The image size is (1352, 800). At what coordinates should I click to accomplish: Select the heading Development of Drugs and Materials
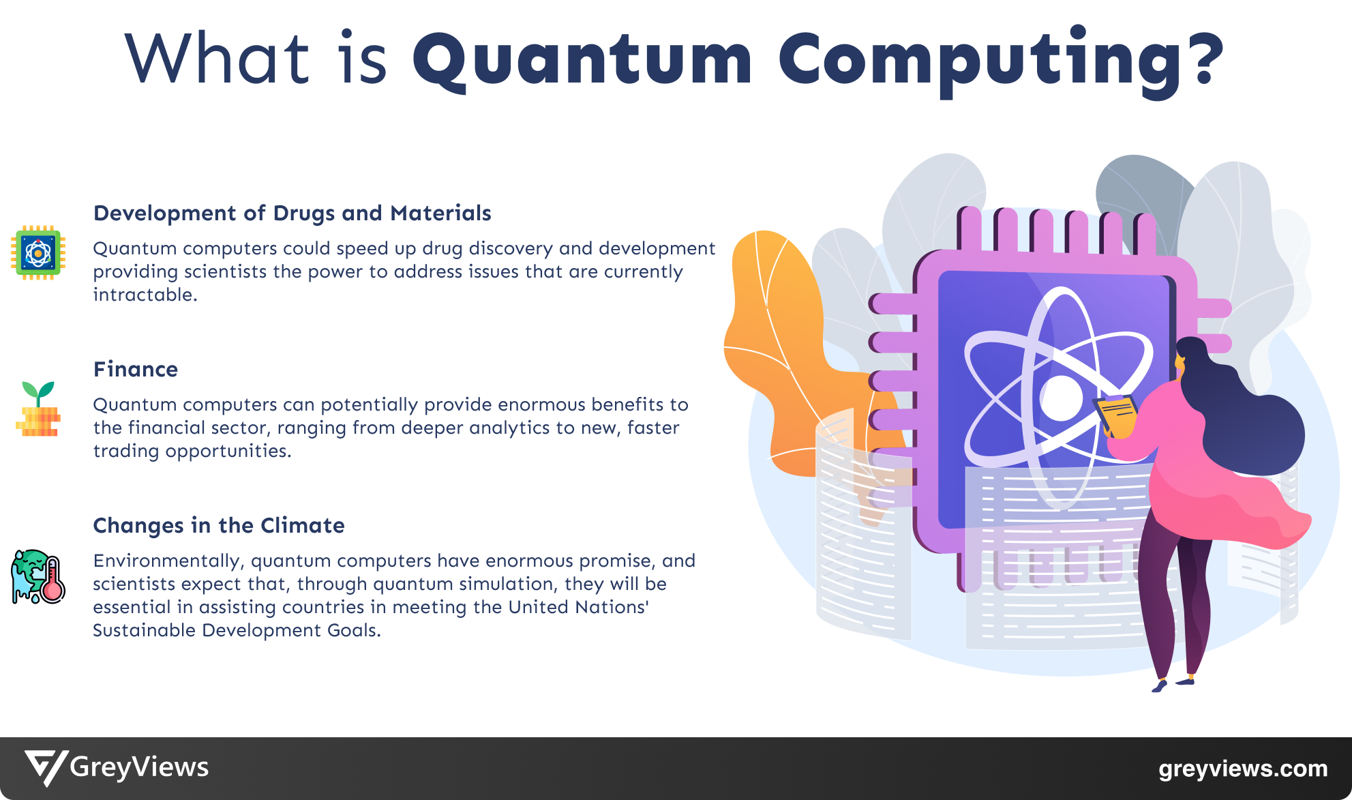pos(292,213)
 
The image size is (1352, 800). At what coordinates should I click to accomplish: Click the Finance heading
pos(136,370)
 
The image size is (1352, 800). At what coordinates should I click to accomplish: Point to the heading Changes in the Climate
pos(219,526)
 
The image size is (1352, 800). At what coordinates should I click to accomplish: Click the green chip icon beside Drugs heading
pos(38,253)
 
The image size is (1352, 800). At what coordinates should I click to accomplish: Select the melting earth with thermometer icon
pos(38,577)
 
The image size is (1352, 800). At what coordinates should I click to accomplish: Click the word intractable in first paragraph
pos(145,295)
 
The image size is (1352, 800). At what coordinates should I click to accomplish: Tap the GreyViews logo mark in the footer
pos(46,768)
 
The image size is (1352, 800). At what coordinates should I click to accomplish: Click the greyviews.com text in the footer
pos(1242,769)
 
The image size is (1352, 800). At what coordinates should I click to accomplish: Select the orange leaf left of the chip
pos(777,341)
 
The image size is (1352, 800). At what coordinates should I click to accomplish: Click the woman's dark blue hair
pos(1248,423)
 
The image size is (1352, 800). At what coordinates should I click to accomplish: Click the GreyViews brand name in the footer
pos(139,767)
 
